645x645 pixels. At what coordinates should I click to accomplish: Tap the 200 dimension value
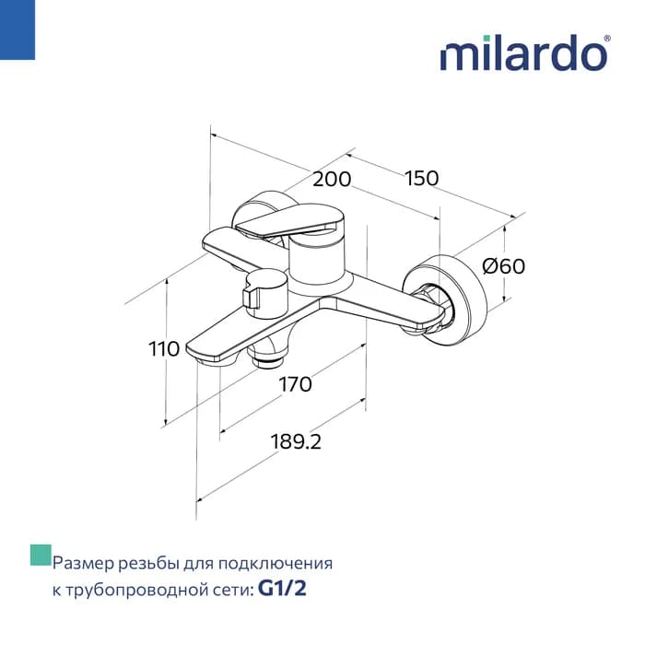click(332, 180)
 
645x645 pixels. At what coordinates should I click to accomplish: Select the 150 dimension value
click(422, 178)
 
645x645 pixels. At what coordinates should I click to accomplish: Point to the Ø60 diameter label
click(503, 265)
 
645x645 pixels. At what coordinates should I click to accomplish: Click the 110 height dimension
click(164, 349)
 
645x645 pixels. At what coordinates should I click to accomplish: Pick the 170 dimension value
click(296, 384)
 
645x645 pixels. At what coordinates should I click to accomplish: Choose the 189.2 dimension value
click(296, 441)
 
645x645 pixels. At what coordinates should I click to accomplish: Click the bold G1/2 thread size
click(282, 589)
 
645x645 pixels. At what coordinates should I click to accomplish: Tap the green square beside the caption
click(41, 555)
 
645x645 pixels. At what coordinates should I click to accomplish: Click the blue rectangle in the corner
click(18, 29)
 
